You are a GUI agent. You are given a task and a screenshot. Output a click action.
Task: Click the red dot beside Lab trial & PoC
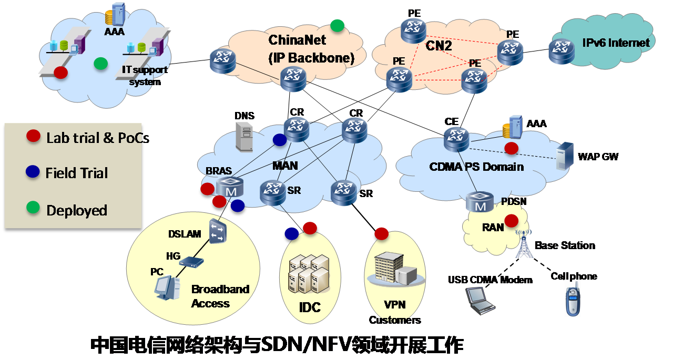point(34,137)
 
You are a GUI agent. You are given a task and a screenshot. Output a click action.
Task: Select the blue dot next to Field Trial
point(33,171)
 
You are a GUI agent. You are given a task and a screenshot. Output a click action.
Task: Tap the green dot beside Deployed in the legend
point(34,209)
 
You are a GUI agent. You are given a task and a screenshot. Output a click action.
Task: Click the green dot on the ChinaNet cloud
point(337,25)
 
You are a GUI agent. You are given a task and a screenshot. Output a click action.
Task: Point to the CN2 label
point(439,46)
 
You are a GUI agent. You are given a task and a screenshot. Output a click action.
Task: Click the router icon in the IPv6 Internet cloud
point(561,52)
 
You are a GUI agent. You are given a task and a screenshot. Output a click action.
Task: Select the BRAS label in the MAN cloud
point(219,171)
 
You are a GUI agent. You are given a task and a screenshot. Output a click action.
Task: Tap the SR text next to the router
point(294,190)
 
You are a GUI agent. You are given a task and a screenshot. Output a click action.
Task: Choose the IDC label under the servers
point(309,307)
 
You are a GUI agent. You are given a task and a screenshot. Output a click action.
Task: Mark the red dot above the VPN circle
point(381,233)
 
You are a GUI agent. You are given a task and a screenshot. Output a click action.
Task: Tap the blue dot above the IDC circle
point(291,233)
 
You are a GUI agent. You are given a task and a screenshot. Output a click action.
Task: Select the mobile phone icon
point(573,298)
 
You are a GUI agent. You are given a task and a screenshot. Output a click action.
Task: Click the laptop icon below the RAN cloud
point(480,301)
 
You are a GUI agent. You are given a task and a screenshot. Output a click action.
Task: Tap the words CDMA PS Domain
point(476,167)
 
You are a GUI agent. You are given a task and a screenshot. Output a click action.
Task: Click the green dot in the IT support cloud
point(100,64)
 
